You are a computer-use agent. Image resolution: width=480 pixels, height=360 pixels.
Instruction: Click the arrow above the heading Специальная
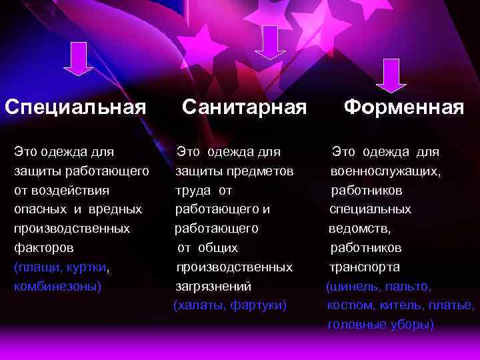[x=77, y=59]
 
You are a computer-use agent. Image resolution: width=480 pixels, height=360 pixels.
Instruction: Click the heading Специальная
[x=75, y=107]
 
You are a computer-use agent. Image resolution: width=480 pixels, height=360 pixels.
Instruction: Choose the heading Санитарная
[x=244, y=107]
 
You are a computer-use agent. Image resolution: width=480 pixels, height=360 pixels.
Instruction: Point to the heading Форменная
[x=404, y=107]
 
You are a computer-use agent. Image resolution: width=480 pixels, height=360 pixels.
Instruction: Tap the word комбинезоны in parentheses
[x=57, y=286]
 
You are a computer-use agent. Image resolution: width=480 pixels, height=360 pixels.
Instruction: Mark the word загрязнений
[x=213, y=286]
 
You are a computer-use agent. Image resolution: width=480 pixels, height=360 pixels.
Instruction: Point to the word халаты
[x=199, y=305]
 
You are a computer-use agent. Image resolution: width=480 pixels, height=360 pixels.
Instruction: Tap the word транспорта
[x=364, y=267]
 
